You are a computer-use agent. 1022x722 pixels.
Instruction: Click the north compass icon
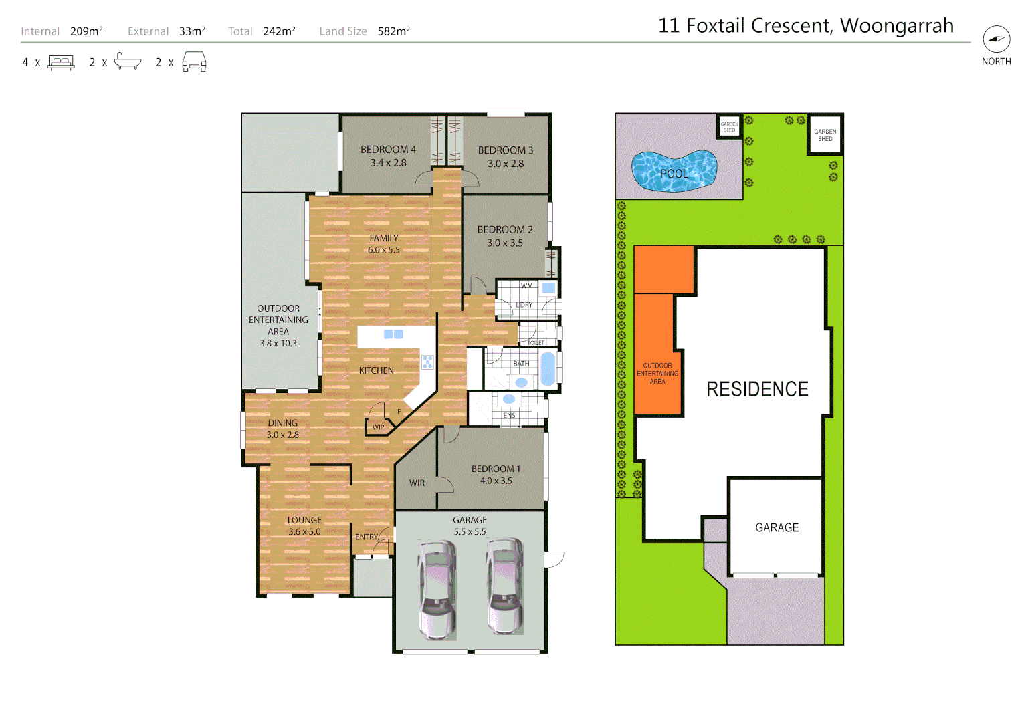(x=996, y=39)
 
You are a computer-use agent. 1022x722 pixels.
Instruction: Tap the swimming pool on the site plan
(x=674, y=170)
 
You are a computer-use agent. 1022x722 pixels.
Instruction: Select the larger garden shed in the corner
(x=825, y=135)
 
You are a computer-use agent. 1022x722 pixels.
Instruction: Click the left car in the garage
(x=437, y=589)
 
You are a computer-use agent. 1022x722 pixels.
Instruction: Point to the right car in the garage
(x=505, y=586)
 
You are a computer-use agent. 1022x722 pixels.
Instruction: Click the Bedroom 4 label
(x=388, y=150)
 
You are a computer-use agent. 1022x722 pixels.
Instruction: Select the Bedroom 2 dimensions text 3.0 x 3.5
(x=505, y=243)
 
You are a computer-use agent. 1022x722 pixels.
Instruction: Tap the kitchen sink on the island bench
(x=393, y=334)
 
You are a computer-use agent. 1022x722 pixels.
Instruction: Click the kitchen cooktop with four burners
(x=427, y=362)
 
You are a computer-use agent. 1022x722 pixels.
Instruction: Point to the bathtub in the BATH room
(x=548, y=369)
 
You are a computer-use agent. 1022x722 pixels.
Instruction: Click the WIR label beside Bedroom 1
(x=417, y=483)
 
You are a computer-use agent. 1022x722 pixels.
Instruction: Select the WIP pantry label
(x=378, y=427)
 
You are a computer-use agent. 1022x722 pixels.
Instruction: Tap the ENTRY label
(x=366, y=537)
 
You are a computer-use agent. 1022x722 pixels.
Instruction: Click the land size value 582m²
(x=393, y=31)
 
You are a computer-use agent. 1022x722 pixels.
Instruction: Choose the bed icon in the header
(x=62, y=62)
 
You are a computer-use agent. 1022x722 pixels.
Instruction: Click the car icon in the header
(x=194, y=62)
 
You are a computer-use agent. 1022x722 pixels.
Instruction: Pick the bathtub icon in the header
(x=128, y=62)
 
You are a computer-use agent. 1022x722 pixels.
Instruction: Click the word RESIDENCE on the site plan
(x=757, y=389)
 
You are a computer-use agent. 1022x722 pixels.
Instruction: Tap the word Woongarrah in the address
(x=896, y=25)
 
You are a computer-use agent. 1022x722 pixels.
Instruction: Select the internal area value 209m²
(x=86, y=31)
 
